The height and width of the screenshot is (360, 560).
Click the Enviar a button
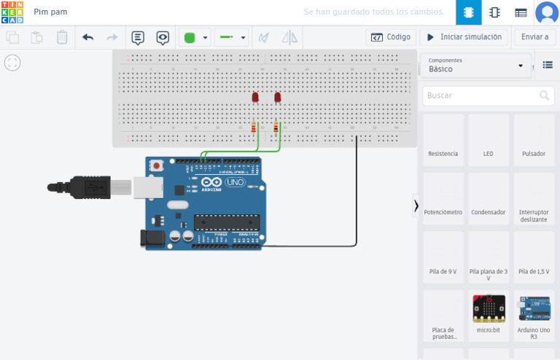tap(534, 37)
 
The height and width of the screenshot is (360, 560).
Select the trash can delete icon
tap(62, 37)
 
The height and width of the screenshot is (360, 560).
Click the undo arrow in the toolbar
tap(88, 37)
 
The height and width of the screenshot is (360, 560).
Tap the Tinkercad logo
tap(12, 12)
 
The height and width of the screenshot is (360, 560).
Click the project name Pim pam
tap(50, 12)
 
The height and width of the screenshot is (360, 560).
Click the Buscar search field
tap(481, 95)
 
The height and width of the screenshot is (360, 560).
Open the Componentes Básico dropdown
tap(476, 66)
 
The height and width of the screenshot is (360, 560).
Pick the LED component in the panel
tap(488, 140)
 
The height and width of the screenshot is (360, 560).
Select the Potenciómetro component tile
tap(443, 198)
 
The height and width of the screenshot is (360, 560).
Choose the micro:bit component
tap(488, 315)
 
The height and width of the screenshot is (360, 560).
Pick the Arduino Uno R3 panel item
tap(534, 315)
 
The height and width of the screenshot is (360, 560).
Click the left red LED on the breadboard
tap(255, 97)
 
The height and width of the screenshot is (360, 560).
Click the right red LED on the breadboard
tap(277, 97)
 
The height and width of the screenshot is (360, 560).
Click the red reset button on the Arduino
tap(157, 166)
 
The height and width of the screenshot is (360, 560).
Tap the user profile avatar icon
tap(546, 12)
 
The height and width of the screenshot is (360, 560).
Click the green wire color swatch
tap(190, 37)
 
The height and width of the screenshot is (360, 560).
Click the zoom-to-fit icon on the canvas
tap(12, 63)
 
